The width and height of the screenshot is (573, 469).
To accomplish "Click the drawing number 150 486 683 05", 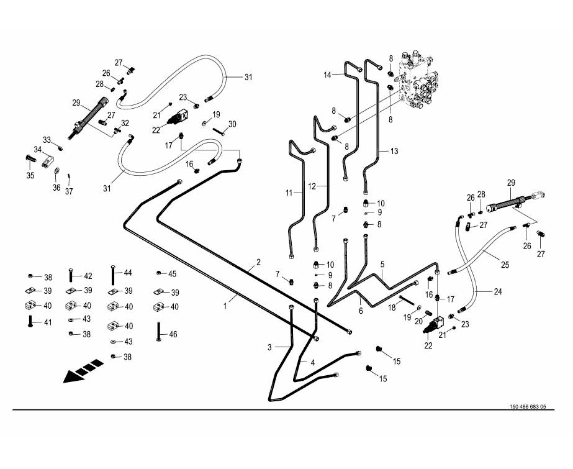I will [x=527, y=407].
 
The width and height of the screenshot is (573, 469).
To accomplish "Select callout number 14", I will [x=327, y=75].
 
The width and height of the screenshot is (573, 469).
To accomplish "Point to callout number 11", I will [x=289, y=193].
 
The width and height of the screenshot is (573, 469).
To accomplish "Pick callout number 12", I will [x=312, y=186].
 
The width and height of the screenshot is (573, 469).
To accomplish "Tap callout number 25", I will [x=505, y=265].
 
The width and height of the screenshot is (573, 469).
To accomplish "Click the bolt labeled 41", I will [x=30, y=321].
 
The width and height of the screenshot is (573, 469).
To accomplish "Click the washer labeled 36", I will [x=56, y=171].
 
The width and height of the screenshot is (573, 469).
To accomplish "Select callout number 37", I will [x=69, y=191].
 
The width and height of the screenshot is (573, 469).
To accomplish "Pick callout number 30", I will [x=232, y=124].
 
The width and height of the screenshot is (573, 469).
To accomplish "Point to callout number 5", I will [x=383, y=263].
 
